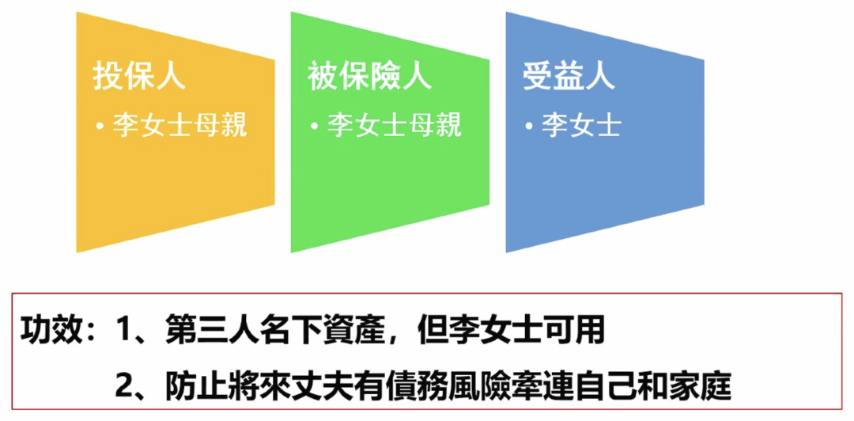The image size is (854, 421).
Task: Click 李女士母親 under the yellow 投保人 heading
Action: tap(179, 126)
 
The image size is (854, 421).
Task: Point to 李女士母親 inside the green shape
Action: tap(395, 126)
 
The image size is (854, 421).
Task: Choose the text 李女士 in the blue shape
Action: tap(582, 126)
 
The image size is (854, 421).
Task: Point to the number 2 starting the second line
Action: tap(122, 385)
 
